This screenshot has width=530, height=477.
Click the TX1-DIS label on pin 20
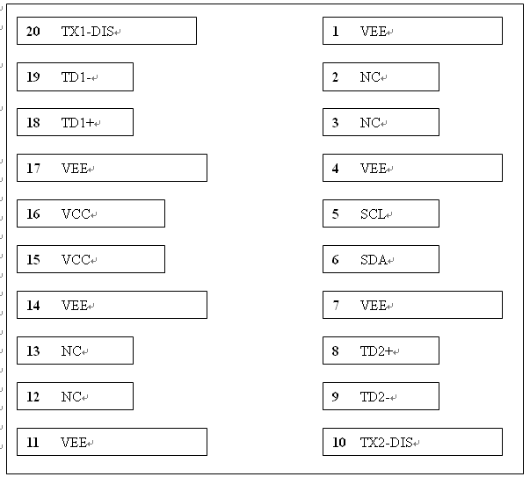point(87,32)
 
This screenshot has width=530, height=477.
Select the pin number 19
point(33,77)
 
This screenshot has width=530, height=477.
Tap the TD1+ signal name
point(77,123)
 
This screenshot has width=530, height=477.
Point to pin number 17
point(33,169)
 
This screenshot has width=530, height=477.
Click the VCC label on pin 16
point(76,213)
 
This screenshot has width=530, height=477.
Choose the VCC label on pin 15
point(76,259)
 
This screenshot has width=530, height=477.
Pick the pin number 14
point(33,306)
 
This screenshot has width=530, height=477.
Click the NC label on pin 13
point(71,351)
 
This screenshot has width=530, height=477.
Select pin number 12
point(33,396)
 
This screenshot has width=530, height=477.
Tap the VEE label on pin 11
point(74,442)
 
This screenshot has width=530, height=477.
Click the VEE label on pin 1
point(374,32)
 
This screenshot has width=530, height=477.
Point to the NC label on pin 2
point(370,77)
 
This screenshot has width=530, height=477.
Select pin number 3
point(335,123)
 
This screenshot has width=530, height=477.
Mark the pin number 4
point(335,169)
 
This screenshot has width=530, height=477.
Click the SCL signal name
point(373,213)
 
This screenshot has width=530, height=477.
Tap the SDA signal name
point(374,259)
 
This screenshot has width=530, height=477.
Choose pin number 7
point(335,306)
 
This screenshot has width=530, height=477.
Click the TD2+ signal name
point(376,351)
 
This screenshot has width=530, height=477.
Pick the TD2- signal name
point(374,396)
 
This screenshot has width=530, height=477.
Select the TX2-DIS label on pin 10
point(387,442)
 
